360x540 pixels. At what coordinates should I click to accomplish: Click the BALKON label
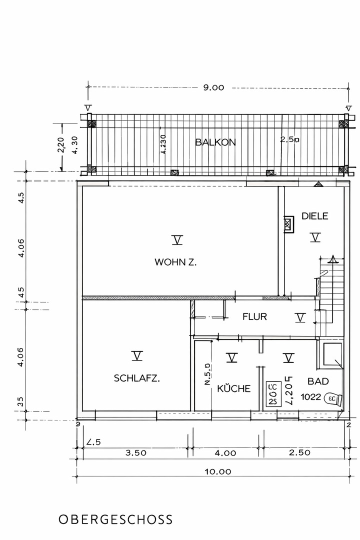click(x=215, y=142)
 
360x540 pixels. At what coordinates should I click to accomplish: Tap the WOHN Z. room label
click(x=175, y=261)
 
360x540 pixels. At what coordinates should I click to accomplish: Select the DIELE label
click(x=314, y=216)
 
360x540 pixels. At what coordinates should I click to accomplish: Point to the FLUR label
click(x=254, y=316)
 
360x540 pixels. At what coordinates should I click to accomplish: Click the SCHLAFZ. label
click(x=137, y=378)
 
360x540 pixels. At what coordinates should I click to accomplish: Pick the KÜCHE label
click(x=233, y=388)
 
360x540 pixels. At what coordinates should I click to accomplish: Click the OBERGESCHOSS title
click(x=115, y=519)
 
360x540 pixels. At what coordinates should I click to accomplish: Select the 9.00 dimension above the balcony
click(x=213, y=87)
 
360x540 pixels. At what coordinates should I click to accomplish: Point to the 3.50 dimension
click(x=135, y=453)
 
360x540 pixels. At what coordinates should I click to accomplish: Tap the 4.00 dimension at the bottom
click(x=225, y=453)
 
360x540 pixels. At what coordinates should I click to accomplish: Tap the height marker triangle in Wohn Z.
click(x=177, y=240)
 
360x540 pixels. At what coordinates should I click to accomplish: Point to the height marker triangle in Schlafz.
click(x=137, y=356)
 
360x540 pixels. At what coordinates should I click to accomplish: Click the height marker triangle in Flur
click(x=299, y=317)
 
